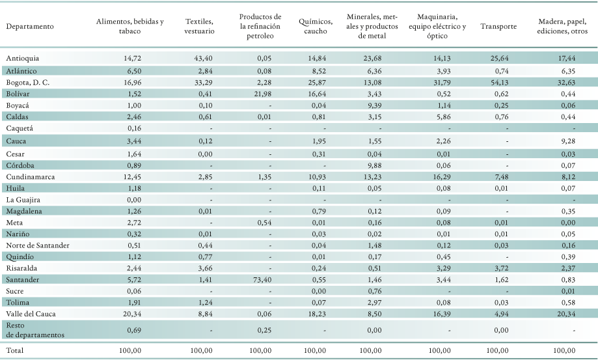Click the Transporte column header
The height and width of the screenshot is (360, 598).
[498, 26]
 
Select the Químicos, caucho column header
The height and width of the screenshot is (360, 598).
[316, 26]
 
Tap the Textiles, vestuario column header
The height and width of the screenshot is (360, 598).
[199, 26]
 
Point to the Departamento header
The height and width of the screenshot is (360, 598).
[30, 26]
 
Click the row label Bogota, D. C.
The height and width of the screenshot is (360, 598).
[28, 83]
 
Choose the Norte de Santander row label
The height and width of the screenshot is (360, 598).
[38, 245]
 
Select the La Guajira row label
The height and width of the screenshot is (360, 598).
[23, 199]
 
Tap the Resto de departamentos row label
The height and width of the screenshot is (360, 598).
[35, 330]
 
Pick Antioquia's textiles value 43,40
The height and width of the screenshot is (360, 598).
[202, 59]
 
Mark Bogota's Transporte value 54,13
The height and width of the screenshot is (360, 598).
[498, 83]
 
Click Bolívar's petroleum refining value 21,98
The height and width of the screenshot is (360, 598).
[262, 94]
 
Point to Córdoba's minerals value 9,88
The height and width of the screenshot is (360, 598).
[374, 165]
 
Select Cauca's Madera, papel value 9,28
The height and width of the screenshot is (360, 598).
[567, 141]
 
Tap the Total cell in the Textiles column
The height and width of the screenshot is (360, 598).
[201, 350]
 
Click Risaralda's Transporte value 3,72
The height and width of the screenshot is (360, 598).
[500, 268]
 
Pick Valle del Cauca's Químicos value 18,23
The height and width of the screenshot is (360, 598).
[316, 314]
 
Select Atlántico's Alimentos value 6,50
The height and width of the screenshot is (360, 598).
[133, 71]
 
